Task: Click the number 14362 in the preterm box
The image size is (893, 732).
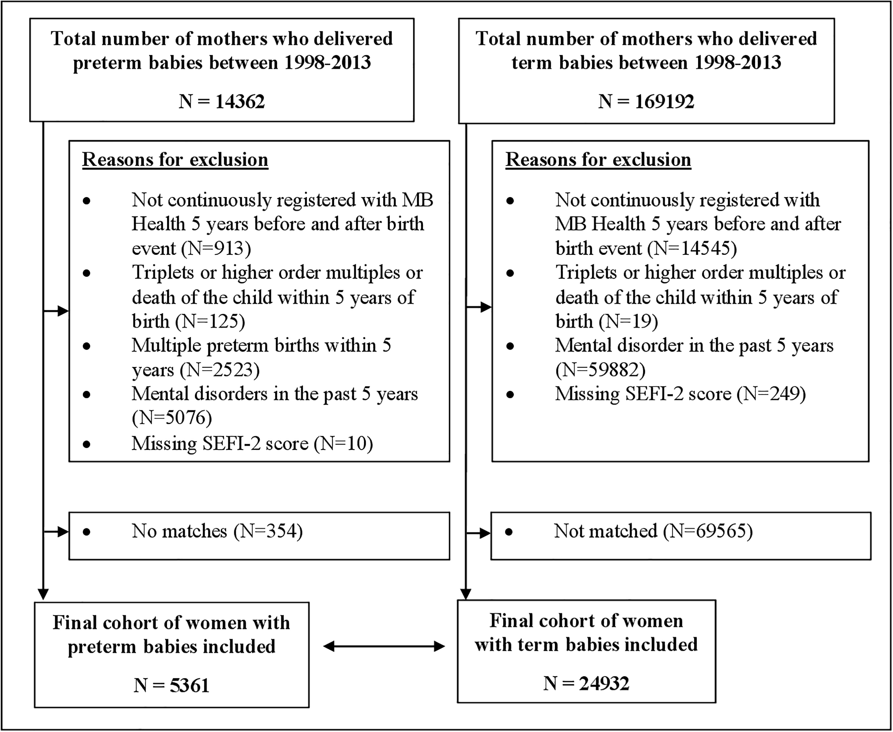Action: (240, 102)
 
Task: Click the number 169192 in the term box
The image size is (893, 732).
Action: (664, 102)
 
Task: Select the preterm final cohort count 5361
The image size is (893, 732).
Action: (190, 686)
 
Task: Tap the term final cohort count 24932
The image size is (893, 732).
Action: (604, 683)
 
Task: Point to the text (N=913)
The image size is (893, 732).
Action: (216, 248)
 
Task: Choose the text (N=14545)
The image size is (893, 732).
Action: (692, 248)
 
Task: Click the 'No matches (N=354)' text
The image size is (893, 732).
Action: (217, 531)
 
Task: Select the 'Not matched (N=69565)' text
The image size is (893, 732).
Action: (653, 531)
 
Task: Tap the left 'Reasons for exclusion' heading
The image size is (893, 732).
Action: (175, 160)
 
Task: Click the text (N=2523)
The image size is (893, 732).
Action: (220, 370)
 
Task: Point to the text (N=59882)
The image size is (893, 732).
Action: (601, 370)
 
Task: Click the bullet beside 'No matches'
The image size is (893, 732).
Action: (87, 532)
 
